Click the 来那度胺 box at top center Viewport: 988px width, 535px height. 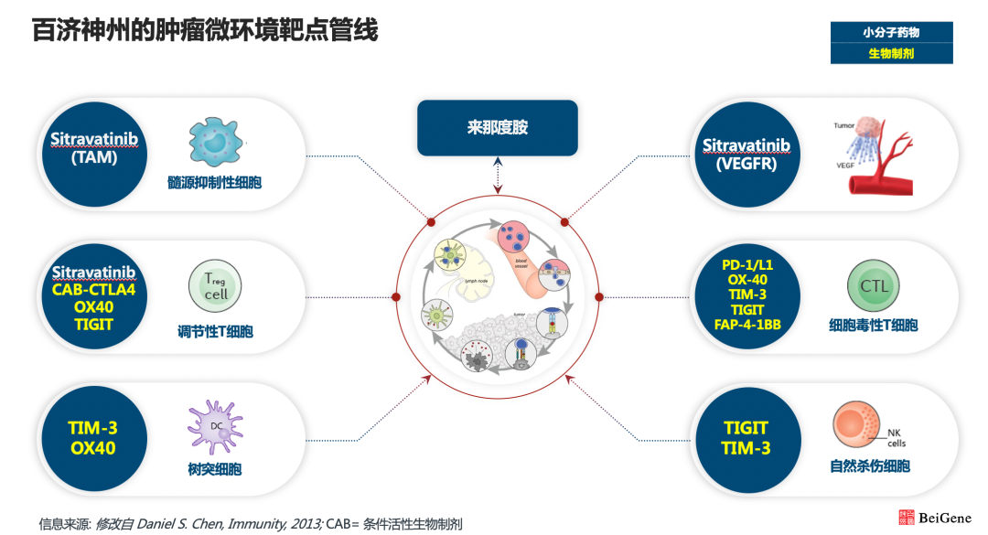497,128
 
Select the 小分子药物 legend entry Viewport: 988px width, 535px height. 891,32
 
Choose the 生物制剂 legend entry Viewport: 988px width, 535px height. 891,54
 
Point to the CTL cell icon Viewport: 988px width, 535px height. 874,285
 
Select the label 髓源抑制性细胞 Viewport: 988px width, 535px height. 214,183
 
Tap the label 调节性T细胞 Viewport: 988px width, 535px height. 215,331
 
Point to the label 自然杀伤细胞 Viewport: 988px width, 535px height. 869,466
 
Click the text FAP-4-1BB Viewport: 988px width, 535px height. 746,325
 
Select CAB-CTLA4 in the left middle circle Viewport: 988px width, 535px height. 94,290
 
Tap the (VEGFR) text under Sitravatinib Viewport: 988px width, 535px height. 746,165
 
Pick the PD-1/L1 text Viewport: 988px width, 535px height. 746,264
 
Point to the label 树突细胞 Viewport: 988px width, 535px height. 213,470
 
